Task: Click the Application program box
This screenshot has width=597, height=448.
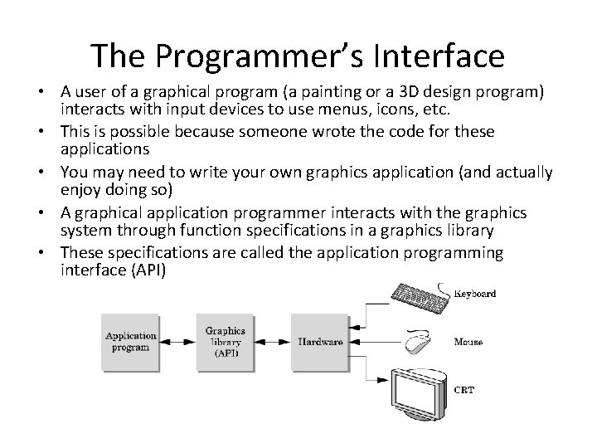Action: click(131, 341)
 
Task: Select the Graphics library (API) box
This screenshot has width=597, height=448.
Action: click(226, 341)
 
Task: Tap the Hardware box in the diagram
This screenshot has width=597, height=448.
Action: click(320, 341)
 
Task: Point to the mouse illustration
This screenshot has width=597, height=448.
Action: click(418, 341)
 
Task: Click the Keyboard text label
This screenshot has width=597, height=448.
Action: click(475, 293)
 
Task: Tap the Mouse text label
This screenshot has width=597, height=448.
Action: click(469, 342)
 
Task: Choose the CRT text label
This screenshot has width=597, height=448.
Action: click(464, 390)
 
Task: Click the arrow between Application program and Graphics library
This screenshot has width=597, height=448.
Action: click(178, 341)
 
